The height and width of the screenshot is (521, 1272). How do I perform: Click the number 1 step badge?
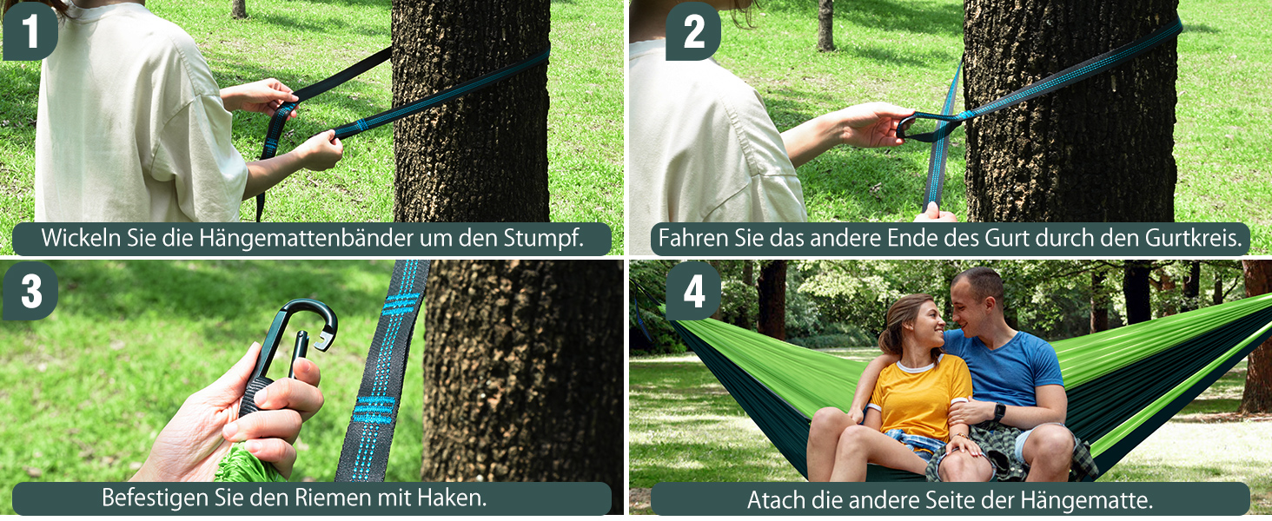tap(30, 31)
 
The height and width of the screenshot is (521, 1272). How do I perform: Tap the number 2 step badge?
tap(692, 31)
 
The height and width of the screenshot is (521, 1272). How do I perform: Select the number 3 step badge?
tap(30, 291)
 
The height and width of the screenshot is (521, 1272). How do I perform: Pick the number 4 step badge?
tap(693, 291)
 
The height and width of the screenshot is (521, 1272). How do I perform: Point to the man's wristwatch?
tap(998, 412)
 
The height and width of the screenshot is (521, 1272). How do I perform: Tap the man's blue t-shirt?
tap(1005, 369)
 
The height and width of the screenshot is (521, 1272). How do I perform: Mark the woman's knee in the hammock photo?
tap(828, 421)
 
